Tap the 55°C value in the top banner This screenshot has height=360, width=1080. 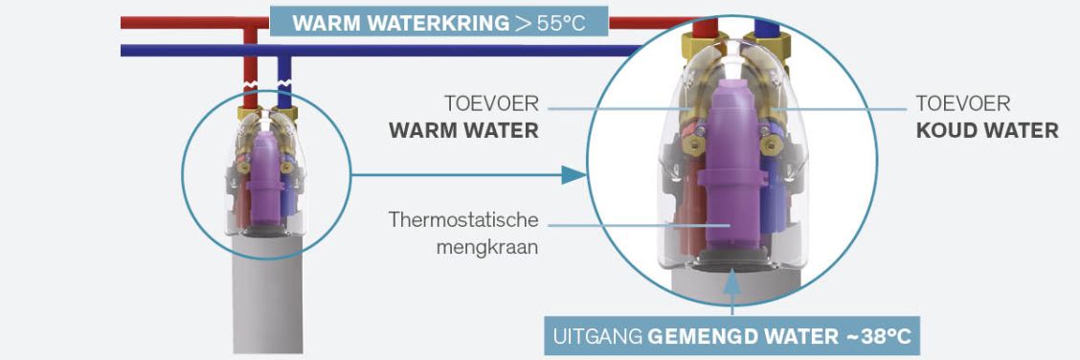tap(560, 23)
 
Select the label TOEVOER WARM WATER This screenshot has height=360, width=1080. tap(463, 117)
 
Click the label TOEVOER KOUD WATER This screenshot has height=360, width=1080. tap(987, 117)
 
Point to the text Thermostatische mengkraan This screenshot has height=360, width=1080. tap(462, 234)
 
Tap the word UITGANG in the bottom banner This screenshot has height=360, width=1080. tap(597, 337)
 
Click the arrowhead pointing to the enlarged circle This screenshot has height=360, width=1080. tap(574, 175)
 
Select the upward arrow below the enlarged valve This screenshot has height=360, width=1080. tap(732, 293)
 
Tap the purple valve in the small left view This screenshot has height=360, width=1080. tap(263, 180)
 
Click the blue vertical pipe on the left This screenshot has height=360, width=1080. tap(283, 80)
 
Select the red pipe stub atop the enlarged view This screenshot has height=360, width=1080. tap(705, 28)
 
